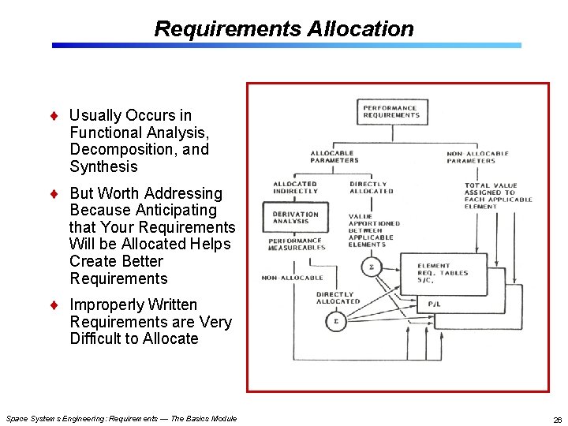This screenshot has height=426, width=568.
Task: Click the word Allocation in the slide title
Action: click(360, 29)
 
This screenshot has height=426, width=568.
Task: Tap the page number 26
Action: click(557, 419)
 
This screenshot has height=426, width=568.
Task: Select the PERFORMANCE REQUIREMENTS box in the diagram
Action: click(390, 111)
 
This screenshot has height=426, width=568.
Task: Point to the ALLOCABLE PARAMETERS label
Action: click(334, 156)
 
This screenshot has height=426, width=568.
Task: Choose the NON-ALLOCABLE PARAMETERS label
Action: click(477, 157)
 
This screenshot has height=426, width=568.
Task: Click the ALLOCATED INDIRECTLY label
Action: click(295, 187)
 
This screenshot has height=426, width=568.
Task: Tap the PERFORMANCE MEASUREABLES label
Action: click(296, 244)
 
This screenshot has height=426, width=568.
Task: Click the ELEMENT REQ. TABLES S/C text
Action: click(443, 272)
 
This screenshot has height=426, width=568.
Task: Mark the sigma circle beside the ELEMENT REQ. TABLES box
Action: click(372, 268)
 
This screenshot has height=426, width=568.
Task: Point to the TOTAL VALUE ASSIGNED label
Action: click(498, 196)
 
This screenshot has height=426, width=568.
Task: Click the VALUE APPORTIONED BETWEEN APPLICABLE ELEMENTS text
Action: click(374, 230)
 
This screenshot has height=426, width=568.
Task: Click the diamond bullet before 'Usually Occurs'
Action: click(54, 116)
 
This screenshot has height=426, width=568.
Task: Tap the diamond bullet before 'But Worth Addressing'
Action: click(54, 193)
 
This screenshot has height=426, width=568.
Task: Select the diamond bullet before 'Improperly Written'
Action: click(54, 305)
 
